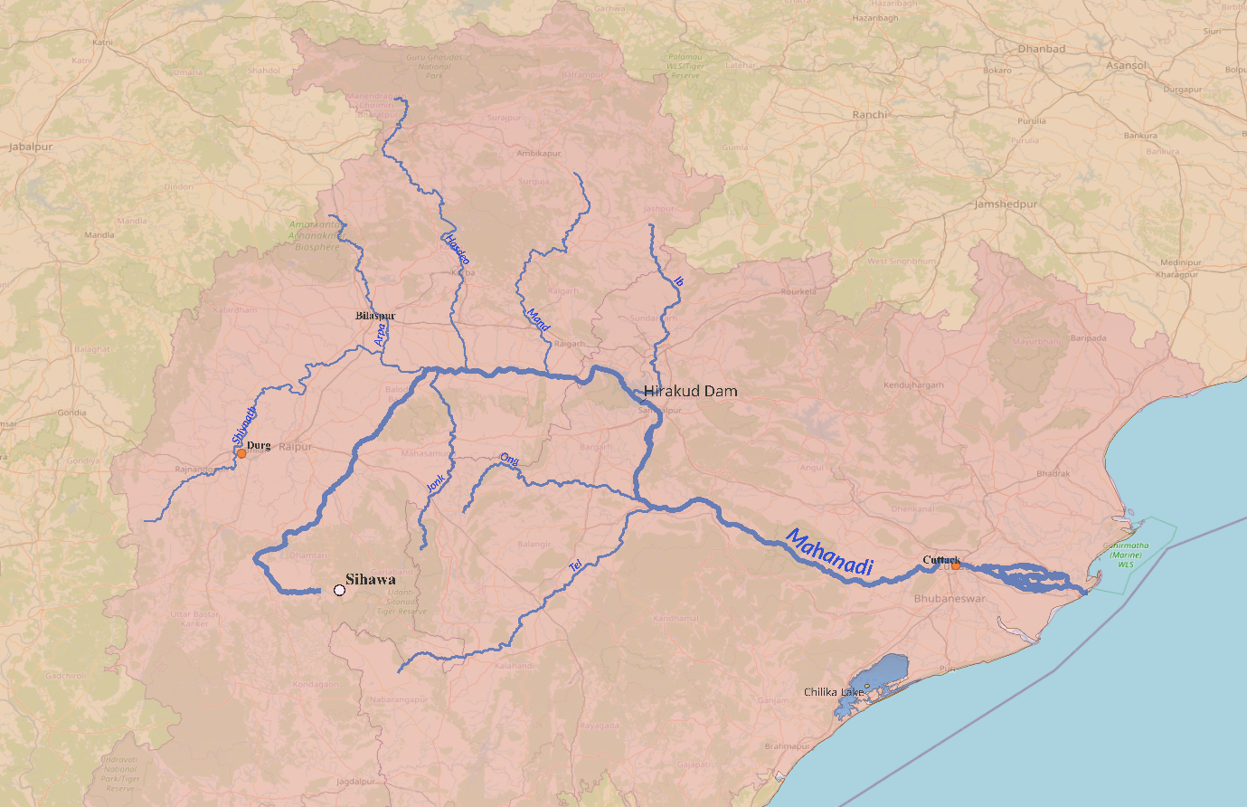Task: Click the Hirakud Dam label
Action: tap(690, 392)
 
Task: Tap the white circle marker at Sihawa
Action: tap(339, 590)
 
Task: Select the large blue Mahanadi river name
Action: tap(829, 553)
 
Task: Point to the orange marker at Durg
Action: tap(241, 452)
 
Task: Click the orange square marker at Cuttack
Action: tap(955, 565)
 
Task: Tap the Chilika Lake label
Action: tap(834, 692)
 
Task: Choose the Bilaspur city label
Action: tap(375, 316)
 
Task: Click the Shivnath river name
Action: tap(244, 424)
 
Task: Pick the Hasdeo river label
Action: tap(457, 249)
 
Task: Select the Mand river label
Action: tap(538, 319)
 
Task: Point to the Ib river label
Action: tap(678, 282)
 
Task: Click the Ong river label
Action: tap(510, 461)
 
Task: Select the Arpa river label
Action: tap(380, 337)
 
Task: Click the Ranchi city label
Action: tap(870, 115)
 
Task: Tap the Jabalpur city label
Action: tap(31, 147)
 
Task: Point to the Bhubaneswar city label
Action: tap(950, 599)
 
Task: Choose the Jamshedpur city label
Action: tap(1006, 204)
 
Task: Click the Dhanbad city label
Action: tap(1042, 49)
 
